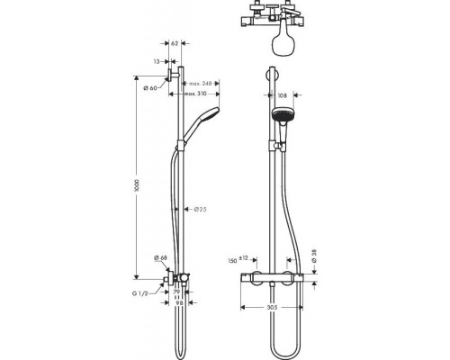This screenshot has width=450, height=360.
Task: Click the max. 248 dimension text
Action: coord(211,83)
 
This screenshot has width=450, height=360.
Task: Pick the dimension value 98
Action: coord(179,302)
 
